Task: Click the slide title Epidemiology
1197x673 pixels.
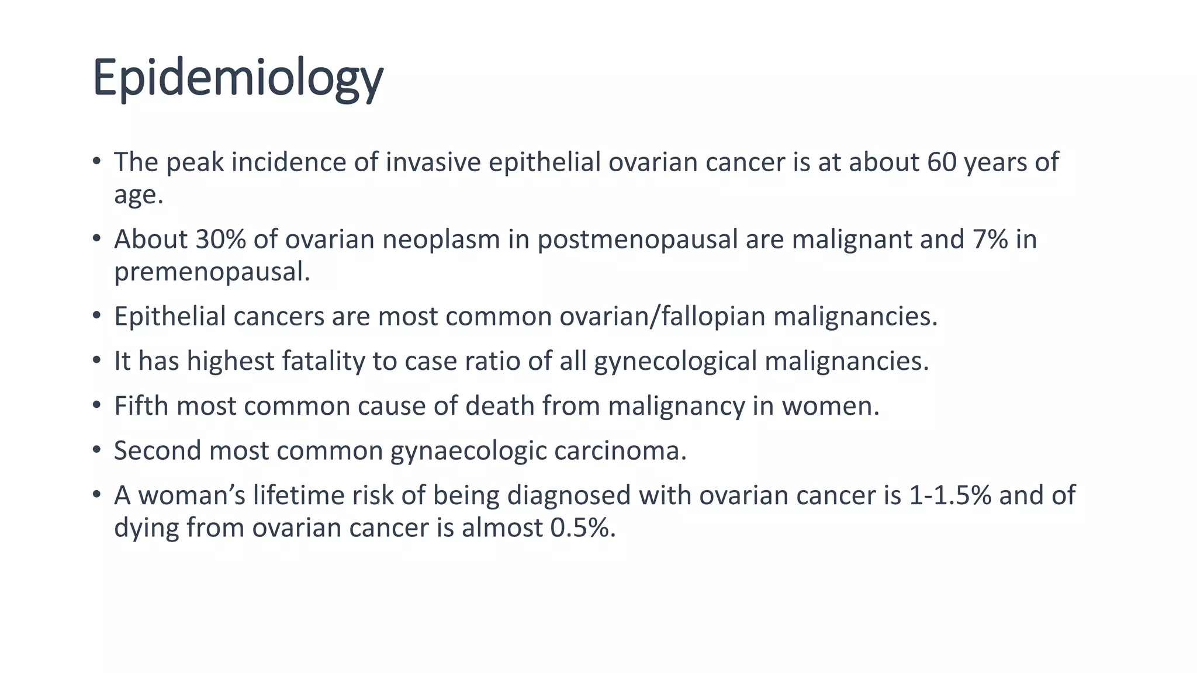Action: click(x=237, y=78)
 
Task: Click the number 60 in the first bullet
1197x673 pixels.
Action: click(x=942, y=162)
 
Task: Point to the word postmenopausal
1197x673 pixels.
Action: click(x=638, y=240)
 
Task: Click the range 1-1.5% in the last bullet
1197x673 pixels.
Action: click(x=950, y=495)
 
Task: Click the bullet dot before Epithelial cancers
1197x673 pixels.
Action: click(x=96, y=316)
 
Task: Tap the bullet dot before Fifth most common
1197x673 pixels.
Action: click(x=96, y=405)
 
